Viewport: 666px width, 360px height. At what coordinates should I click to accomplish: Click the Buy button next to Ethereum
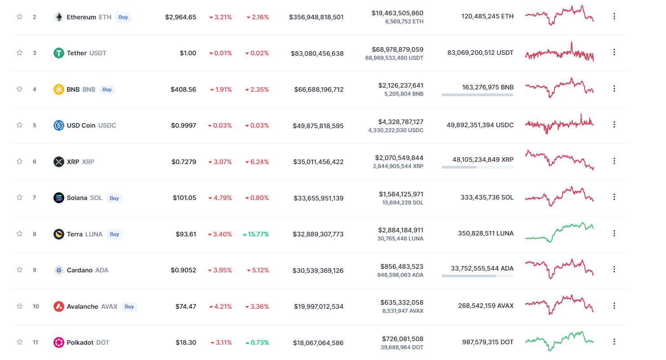point(123,17)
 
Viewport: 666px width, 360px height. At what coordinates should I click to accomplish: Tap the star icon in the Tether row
point(19,53)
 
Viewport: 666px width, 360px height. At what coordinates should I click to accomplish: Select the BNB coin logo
point(59,89)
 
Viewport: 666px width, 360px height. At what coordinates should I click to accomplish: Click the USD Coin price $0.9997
point(183,125)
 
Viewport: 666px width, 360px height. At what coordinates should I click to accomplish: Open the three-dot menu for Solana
point(614,197)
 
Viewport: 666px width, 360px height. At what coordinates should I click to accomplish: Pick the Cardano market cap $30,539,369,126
point(318,270)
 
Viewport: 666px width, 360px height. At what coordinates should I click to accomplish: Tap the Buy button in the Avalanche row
point(129,307)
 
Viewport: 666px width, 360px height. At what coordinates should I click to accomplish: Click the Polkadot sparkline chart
point(559,341)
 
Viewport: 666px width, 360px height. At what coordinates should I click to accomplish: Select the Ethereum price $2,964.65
point(181,17)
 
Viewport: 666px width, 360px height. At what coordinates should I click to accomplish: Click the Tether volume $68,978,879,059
point(397,49)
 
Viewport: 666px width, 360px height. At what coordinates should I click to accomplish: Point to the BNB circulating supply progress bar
point(477,95)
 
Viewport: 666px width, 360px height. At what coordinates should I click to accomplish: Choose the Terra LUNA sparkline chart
point(559,232)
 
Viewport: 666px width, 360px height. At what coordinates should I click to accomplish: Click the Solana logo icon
point(59,198)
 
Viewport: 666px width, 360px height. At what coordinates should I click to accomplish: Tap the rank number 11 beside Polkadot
point(36,342)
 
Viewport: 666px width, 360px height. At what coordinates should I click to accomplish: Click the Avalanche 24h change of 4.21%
point(220,307)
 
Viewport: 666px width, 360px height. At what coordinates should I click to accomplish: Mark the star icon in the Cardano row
point(19,270)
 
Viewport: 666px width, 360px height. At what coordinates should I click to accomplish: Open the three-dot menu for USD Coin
point(614,124)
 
